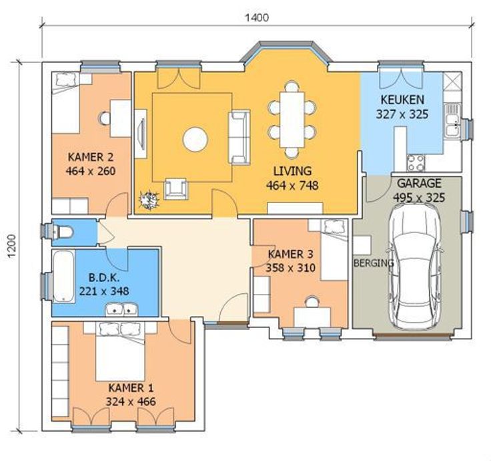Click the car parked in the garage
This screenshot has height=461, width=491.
[x=414, y=267]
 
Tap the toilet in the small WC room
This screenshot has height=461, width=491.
[x=63, y=233]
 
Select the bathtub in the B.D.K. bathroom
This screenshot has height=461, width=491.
[x=64, y=277]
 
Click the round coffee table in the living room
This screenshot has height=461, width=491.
[x=195, y=140]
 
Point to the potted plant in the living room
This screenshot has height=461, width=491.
[x=149, y=199]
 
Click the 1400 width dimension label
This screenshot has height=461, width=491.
[x=256, y=17]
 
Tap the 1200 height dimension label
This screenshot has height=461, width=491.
[x=11, y=246]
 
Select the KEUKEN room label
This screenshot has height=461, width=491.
[x=402, y=100]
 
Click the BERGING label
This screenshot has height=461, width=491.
[x=374, y=263]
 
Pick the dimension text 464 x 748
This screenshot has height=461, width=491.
[x=292, y=185]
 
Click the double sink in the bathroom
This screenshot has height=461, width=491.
[x=121, y=309]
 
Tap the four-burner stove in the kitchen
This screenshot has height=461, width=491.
[x=416, y=164]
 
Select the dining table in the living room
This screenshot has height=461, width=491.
[x=292, y=120]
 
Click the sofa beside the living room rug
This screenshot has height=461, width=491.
[x=239, y=137]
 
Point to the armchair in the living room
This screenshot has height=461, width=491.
[x=176, y=189]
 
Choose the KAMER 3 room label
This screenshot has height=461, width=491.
[x=290, y=254]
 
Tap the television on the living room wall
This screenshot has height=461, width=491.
[x=141, y=134]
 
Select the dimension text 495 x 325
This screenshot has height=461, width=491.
[x=419, y=198]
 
